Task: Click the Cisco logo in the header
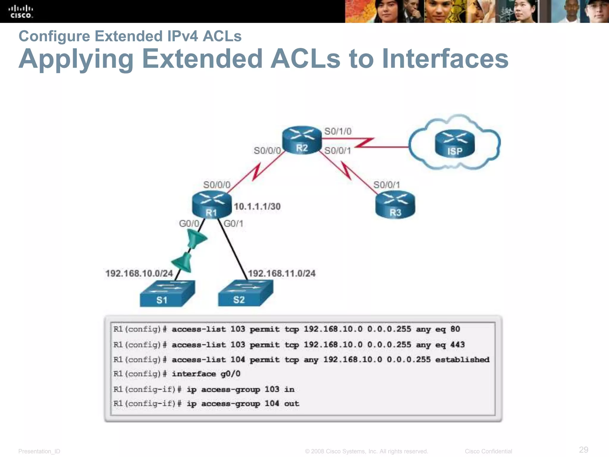point(21,12)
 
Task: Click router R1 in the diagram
point(211,205)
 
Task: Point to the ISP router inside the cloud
point(455,144)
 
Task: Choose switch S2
point(245,294)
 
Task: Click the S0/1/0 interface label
point(338,131)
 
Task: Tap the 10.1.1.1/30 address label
point(257,206)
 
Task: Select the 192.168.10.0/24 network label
point(139,273)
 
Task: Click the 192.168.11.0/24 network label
point(282,273)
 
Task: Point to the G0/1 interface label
point(233,223)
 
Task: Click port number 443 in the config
point(457,345)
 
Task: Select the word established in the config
point(462,360)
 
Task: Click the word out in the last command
point(291,404)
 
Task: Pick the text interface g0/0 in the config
point(206,374)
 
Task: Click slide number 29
point(583,449)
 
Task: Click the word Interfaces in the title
point(445,59)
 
